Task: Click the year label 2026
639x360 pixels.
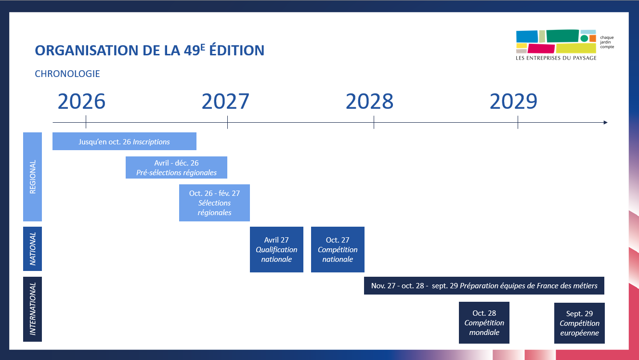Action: coord(81,102)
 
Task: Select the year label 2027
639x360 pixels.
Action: coord(225,102)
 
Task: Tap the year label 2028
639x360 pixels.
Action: coord(369,102)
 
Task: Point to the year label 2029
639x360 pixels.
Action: coord(513,102)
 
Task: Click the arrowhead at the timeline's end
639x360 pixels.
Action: coord(605,123)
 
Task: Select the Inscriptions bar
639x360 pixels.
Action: coord(124,141)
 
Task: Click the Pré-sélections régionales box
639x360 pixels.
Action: coord(176,167)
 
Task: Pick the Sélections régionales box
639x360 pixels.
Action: coord(214,203)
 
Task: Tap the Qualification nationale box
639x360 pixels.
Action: coord(276,249)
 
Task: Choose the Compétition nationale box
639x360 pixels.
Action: coord(338,249)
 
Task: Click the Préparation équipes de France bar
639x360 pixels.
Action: coord(484,285)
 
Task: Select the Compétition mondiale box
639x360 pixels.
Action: coord(484,323)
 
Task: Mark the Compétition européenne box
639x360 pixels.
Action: coord(579,323)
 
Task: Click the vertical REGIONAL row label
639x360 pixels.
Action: coord(33,177)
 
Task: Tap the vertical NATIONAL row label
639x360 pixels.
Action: coord(33,249)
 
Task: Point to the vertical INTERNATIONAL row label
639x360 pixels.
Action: coord(33,309)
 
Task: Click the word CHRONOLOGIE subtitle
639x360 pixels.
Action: coord(67,74)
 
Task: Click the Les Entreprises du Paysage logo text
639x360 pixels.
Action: coord(556,58)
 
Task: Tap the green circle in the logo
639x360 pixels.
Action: coord(584,38)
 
